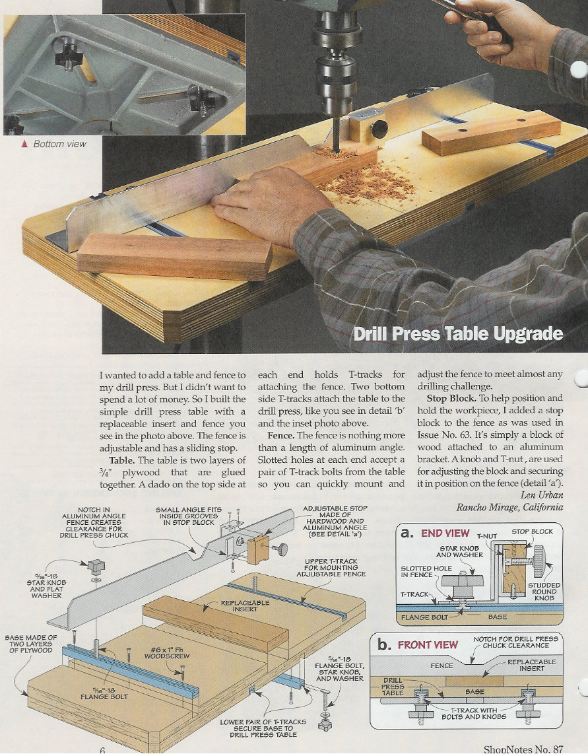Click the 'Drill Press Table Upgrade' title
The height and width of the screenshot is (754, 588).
[x=458, y=333]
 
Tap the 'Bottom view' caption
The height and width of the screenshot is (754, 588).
[x=59, y=143]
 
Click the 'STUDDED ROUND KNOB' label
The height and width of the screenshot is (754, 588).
[x=544, y=592]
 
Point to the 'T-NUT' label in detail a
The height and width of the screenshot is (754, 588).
[x=488, y=537]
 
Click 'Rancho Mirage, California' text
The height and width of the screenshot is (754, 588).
[x=509, y=506]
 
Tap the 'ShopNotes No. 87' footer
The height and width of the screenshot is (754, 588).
[x=523, y=749]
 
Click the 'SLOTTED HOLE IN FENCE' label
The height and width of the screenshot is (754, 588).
[x=426, y=571]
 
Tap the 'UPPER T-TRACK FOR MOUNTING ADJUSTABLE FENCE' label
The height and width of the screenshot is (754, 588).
[x=331, y=567]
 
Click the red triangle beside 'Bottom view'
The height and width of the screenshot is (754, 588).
[x=24, y=143]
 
